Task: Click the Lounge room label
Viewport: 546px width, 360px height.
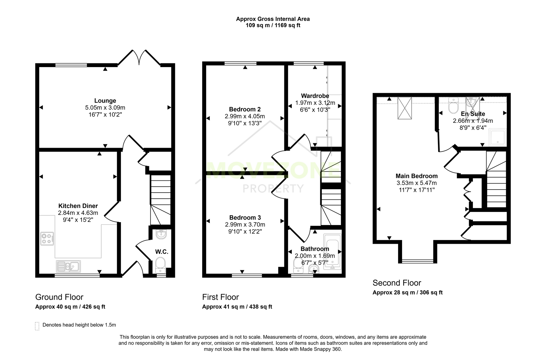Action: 105,101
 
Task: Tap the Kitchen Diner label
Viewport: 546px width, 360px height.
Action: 78,206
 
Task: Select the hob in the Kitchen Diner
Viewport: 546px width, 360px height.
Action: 47,239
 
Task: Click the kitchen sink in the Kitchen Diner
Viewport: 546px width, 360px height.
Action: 69,266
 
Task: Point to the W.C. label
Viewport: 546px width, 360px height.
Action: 162,252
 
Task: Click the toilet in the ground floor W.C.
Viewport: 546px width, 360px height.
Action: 160,265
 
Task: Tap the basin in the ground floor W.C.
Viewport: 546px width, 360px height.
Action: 161,234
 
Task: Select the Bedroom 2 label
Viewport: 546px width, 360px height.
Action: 245,109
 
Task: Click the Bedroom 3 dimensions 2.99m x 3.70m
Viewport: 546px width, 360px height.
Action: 245,224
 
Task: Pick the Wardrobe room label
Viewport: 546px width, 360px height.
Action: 315,96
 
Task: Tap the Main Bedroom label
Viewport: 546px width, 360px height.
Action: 417,176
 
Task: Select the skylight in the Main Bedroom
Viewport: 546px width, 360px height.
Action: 405,108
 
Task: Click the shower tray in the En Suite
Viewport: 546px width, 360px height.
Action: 497,137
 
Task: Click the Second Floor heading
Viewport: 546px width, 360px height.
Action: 397,283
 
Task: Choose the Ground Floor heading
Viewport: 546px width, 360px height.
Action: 59,297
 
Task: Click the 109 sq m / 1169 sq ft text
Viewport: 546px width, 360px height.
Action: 273,25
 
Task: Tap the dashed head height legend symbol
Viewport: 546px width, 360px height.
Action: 37,326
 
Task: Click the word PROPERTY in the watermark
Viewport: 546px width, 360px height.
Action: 273,188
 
